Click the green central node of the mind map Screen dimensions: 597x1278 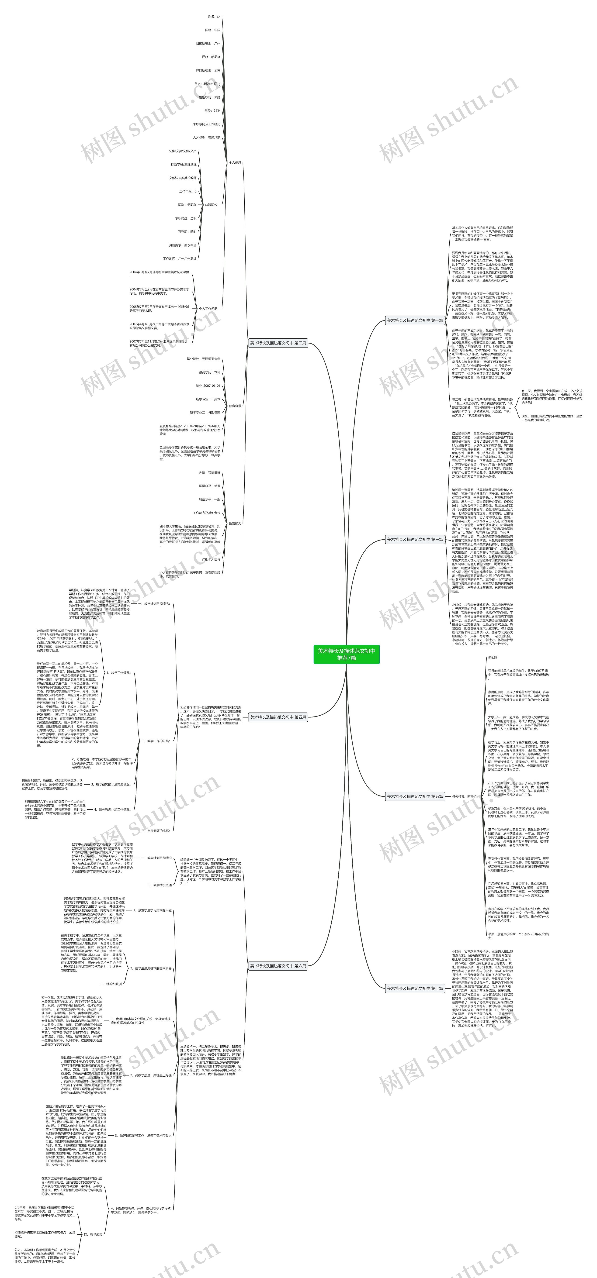pyautogui.click(x=346, y=654)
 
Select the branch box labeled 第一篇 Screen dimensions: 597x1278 pyautogui.click(x=415, y=320)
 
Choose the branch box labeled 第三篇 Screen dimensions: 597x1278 pyautogui.click(x=415, y=539)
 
